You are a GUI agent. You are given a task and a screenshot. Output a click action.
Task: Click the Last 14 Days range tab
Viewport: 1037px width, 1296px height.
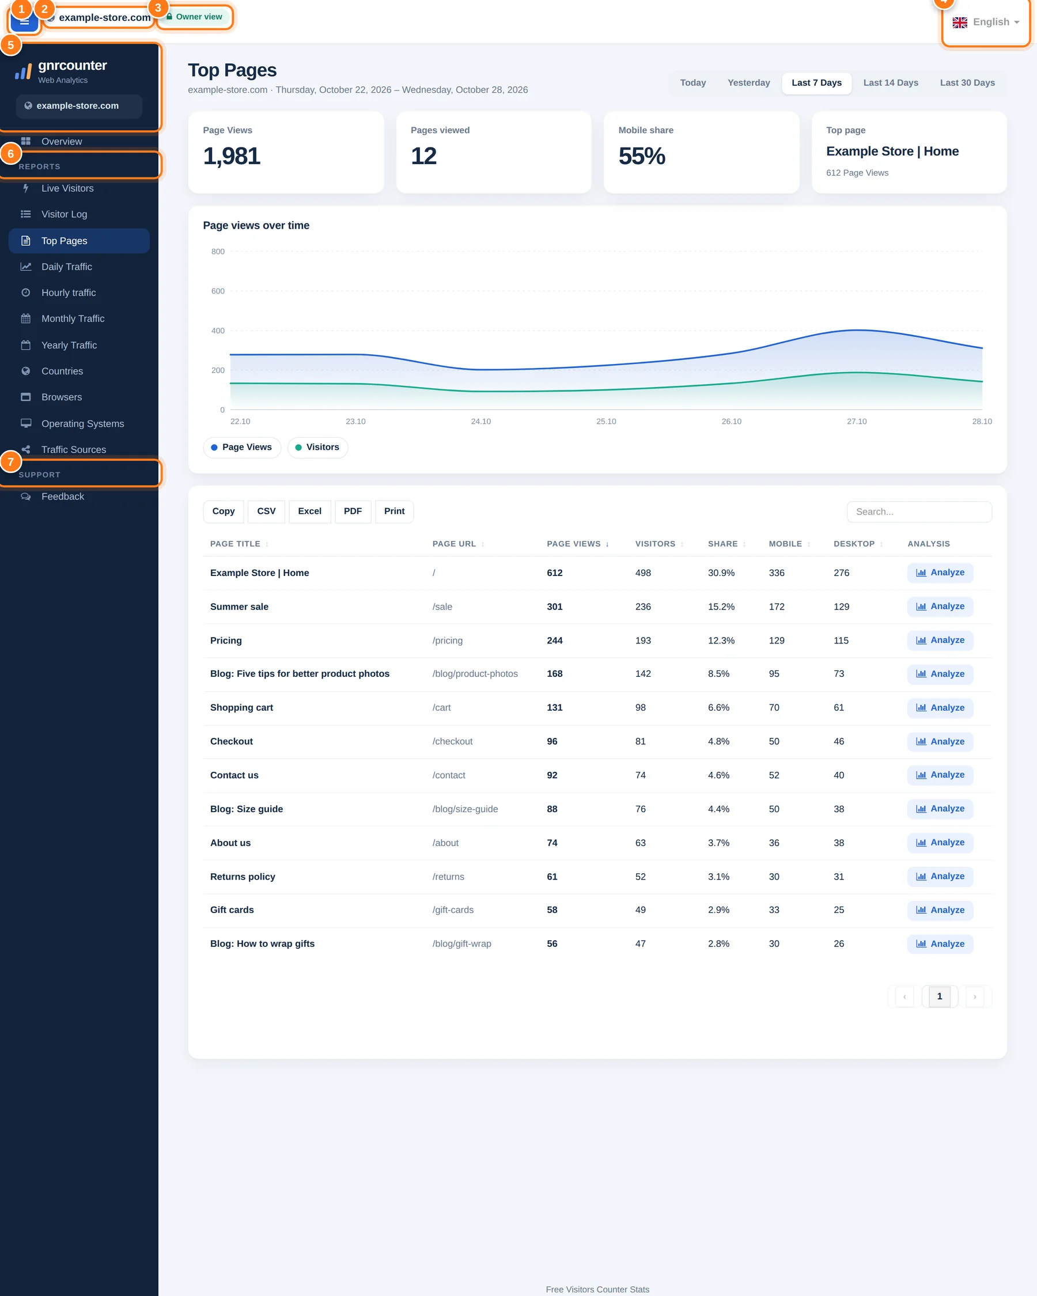tap(890, 83)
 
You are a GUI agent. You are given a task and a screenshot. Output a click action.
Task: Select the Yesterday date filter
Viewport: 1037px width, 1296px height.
tap(748, 83)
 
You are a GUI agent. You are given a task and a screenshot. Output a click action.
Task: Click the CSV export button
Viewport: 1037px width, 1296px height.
tap(266, 511)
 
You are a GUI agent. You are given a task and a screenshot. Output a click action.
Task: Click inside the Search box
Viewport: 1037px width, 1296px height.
tap(919, 512)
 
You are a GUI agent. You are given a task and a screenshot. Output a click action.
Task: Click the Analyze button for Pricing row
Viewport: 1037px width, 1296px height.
tap(940, 640)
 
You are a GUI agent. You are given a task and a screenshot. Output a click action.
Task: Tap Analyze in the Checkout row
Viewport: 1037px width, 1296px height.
tap(940, 742)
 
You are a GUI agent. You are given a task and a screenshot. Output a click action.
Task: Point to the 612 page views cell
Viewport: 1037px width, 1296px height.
tap(554, 573)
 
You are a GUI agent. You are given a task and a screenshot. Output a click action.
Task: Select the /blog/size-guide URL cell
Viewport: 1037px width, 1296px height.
tap(465, 809)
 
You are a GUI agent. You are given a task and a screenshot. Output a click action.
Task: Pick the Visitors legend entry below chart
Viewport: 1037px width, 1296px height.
tap(317, 447)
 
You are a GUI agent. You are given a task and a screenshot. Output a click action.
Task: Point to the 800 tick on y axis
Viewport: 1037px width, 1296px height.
tap(218, 251)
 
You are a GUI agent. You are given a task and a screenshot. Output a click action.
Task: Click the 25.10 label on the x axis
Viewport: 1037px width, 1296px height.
tap(606, 422)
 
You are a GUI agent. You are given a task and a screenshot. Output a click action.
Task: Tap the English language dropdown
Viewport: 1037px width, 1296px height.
tap(986, 22)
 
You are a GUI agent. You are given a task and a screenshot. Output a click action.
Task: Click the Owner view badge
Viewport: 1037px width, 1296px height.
tap(195, 17)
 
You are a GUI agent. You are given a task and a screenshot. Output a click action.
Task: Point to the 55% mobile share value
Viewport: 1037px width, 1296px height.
tap(641, 156)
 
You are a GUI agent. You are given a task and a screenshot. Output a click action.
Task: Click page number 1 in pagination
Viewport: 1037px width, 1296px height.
tap(940, 996)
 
